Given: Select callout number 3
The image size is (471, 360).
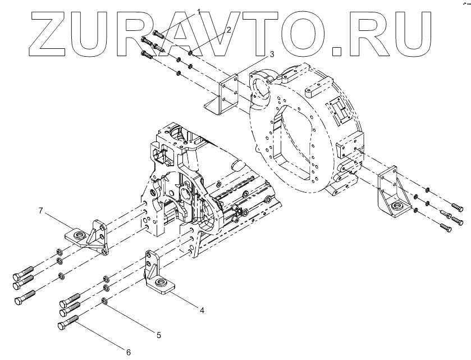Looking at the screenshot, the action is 271,54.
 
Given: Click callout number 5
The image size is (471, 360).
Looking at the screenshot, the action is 159,335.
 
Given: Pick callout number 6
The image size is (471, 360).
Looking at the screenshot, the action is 128,352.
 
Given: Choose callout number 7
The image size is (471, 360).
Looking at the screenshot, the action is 40,211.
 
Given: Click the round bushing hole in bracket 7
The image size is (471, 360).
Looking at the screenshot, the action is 79,233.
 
